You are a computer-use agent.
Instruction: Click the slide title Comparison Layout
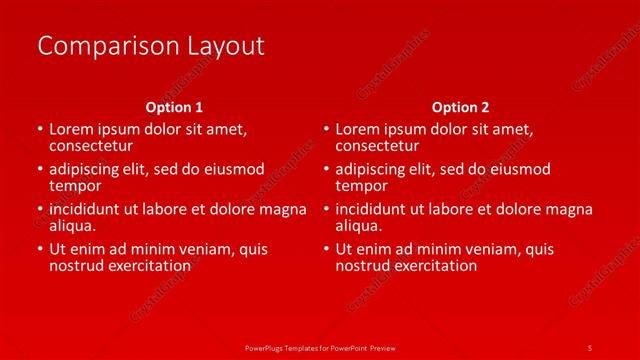click(150, 46)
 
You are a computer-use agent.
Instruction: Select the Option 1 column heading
click(174, 106)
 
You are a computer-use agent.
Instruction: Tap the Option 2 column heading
click(460, 106)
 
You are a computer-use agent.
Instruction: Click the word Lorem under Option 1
click(70, 129)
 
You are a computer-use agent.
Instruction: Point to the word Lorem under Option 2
click(357, 129)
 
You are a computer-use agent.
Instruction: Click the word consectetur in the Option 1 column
click(92, 146)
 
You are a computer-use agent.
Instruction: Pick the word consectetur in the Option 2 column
click(379, 146)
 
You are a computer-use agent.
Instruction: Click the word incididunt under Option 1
click(88, 209)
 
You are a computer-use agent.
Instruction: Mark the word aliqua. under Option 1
click(72, 226)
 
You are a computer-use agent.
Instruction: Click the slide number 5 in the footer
click(590, 347)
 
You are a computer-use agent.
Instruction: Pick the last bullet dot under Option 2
click(325, 250)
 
